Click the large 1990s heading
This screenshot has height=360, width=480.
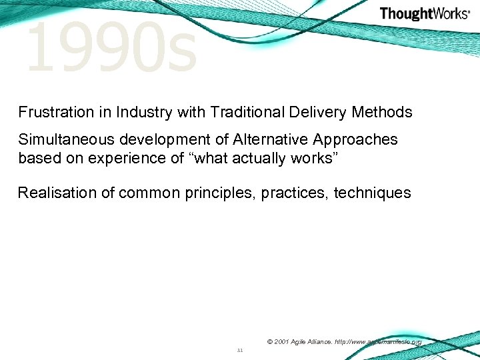point(111,48)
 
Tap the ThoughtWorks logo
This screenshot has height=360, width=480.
point(424,13)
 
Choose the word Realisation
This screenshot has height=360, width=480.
point(58,193)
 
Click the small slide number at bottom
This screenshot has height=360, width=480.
point(240,349)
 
